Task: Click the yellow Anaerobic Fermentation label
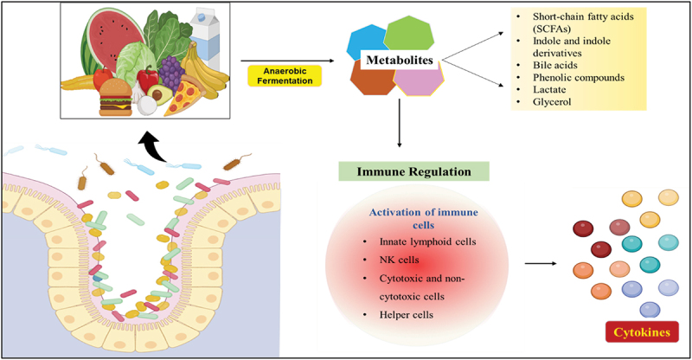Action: [x=285, y=76]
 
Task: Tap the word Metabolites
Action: [x=400, y=60]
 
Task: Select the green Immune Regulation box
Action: [x=414, y=171]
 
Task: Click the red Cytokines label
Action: [x=642, y=332]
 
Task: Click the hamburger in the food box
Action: [x=116, y=98]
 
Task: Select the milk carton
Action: [x=205, y=37]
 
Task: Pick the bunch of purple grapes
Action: [x=171, y=74]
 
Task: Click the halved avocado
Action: [x=157, y=94]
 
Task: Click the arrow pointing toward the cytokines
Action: [x=541, y=264]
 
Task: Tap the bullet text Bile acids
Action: [x=554, y=66]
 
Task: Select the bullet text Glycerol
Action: [x=552, y=102]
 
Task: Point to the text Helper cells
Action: [x=406, y=315]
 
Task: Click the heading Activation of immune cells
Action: [x=423, y=219]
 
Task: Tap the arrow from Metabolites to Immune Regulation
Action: [x=400, y=123]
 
